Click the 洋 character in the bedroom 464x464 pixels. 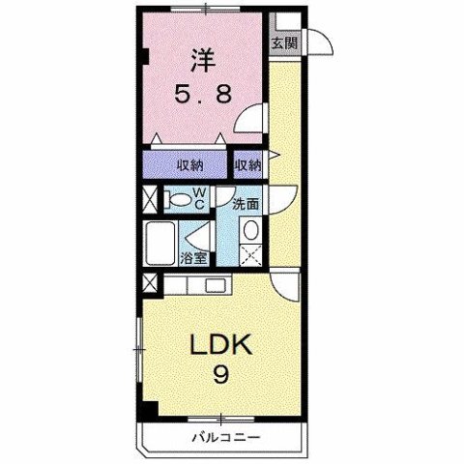pos(201,60)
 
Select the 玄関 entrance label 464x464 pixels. pos(284,42)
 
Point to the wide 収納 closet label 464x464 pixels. pos(188,165)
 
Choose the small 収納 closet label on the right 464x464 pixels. pos(247,165)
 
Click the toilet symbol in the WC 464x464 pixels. pos(177,202)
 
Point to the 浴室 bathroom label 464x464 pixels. pos(194,257)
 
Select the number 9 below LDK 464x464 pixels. pos(220,375)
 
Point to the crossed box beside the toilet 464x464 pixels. pos(149,202)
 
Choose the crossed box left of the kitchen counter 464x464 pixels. pos(149,285)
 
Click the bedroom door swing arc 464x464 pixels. pos(250,122)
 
